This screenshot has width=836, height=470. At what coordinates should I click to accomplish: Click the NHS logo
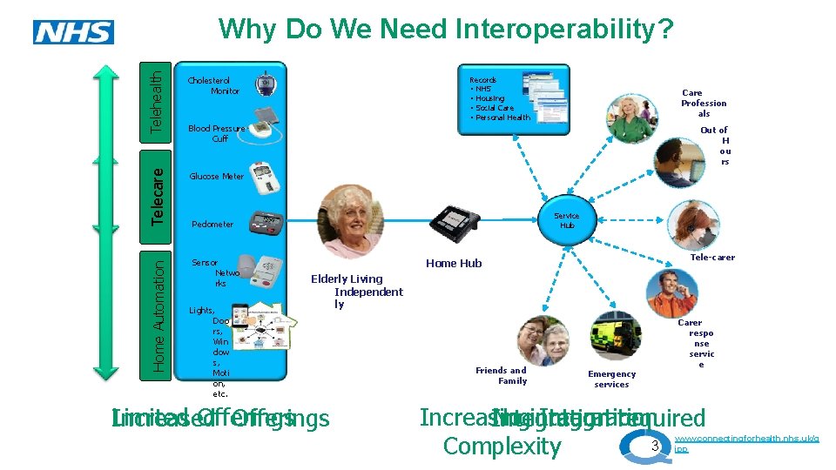[73, 33]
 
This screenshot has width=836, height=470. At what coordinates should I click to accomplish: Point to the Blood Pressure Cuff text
[218, 133]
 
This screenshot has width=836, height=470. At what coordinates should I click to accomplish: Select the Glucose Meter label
[217, 176]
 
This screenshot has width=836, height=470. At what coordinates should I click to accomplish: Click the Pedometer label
[212, 224]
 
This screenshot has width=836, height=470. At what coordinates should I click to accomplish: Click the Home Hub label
[453, 263]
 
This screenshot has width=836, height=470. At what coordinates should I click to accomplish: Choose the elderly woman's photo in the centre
[349, 222]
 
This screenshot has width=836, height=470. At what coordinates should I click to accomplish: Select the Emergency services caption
[611, 379]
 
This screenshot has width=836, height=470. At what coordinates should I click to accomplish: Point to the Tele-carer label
[711, 258]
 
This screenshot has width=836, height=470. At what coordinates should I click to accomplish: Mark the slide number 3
[656, 446]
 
